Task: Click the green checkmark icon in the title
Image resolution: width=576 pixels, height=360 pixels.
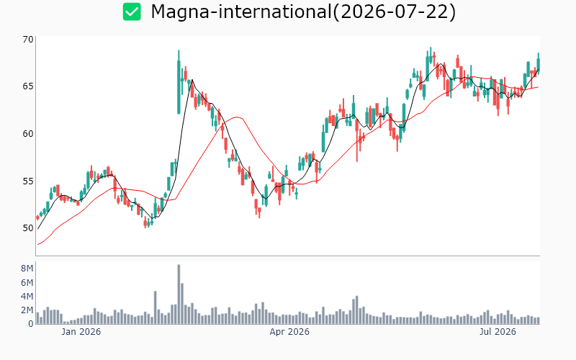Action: [x=132, y=12]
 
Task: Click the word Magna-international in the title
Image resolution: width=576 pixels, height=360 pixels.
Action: [x=241, y=12]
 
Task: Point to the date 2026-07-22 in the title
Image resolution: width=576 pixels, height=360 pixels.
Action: [x=395, y=12]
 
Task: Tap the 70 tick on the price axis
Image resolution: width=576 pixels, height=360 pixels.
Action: [x=28, y=40]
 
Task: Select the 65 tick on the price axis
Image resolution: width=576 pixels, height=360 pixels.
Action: [x=28, y=86]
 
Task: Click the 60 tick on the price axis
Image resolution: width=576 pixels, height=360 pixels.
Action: [x=28, y=134]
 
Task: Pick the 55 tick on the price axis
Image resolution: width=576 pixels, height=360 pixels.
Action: [x=28, y=181]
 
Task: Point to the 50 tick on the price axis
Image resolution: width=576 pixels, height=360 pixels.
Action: [x=28, y=228]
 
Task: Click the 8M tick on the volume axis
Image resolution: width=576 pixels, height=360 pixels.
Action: [x=27, y=269]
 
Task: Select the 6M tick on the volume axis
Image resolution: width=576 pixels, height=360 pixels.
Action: [x=27, y=282]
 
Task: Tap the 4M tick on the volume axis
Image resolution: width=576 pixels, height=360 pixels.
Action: [x=27, y=296]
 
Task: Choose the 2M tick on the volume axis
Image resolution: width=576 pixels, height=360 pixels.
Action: [x=27, y=310]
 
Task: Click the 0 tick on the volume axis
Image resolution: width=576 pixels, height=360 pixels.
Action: [x=31, y=323]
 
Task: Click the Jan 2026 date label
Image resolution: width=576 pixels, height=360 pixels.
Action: [x=81, y=332]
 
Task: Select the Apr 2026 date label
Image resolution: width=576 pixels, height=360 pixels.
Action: [x=289, y=332]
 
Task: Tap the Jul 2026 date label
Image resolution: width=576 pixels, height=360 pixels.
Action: [x=498, y=332]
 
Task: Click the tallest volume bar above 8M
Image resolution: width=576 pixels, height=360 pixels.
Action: [x=179, y=294]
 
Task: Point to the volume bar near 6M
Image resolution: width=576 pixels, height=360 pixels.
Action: [x=182, y=303]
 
